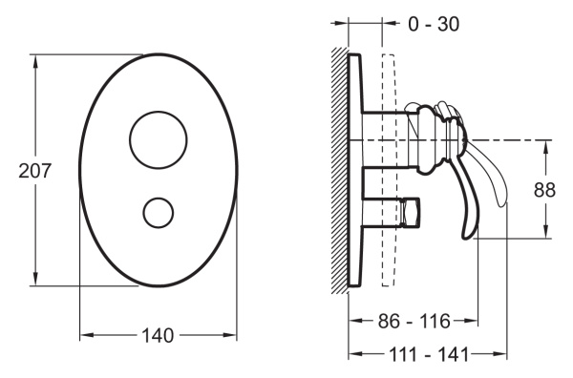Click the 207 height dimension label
pyautogui.click(x=35, y=171)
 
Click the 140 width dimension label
pyautogui.click(x=158, y=335)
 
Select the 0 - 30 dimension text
pyautogui.click(x=434, y=25)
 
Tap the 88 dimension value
pyautogui.click(x=544, y=190)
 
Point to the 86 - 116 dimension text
pyautogui.click(x=414, y=321)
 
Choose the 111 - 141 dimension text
pyautogui.click(x=428, y=354)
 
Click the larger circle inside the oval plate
pyautogui.click(x=159, y=111)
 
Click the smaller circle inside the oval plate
pyautogui.click(x=159, y=198)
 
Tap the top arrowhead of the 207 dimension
pyautogui.click(x=35, y=61)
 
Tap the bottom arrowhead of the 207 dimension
pyautogui.click(x=35, y=279)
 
